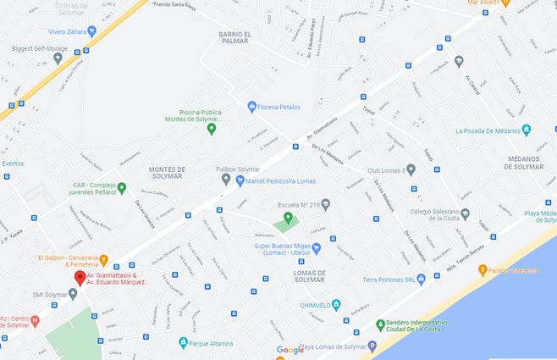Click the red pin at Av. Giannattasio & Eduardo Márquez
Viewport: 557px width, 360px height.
tap(80, 277)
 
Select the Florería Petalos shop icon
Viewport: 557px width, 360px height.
tap(251, 107)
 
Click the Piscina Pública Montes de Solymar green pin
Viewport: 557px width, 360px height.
tap(212, 129)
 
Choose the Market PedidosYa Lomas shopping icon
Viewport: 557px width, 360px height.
tap(240, 180)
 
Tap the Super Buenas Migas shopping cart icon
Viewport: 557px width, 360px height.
tap(316, 249)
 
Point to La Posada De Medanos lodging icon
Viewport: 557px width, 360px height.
tap(527, 130)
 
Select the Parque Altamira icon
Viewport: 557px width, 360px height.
tap(183, 343)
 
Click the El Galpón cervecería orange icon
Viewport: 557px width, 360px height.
tap(103, 259)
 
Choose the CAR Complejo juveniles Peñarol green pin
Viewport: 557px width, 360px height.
tap(121, 187)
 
